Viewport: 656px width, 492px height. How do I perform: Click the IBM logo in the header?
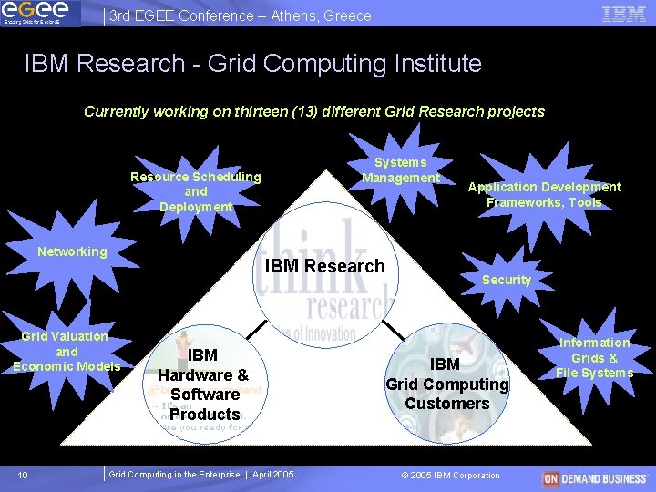pos(624,13)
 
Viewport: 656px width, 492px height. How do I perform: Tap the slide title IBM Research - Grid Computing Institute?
pos(252,64)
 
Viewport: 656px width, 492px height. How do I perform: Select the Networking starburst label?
pos(72,251)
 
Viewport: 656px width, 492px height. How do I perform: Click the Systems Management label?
pos(401,170)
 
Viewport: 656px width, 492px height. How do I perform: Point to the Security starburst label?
pos(507,280)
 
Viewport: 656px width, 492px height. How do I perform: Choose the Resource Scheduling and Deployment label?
pos(196,191)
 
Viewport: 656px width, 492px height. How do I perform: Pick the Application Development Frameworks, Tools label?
pos(544,194)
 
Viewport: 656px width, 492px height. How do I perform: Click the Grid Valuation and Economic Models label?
pos(67,352)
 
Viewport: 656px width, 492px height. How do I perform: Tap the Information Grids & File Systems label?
pos(594,357)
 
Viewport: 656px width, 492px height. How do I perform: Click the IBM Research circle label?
pos(325,266)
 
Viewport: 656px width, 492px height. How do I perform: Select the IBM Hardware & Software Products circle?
pos(203,384)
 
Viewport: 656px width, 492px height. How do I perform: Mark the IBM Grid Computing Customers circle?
pos(446,384)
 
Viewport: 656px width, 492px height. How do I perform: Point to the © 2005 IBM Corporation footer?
pos(450,475)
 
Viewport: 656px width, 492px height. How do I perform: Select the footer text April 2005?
pos(272,475)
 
